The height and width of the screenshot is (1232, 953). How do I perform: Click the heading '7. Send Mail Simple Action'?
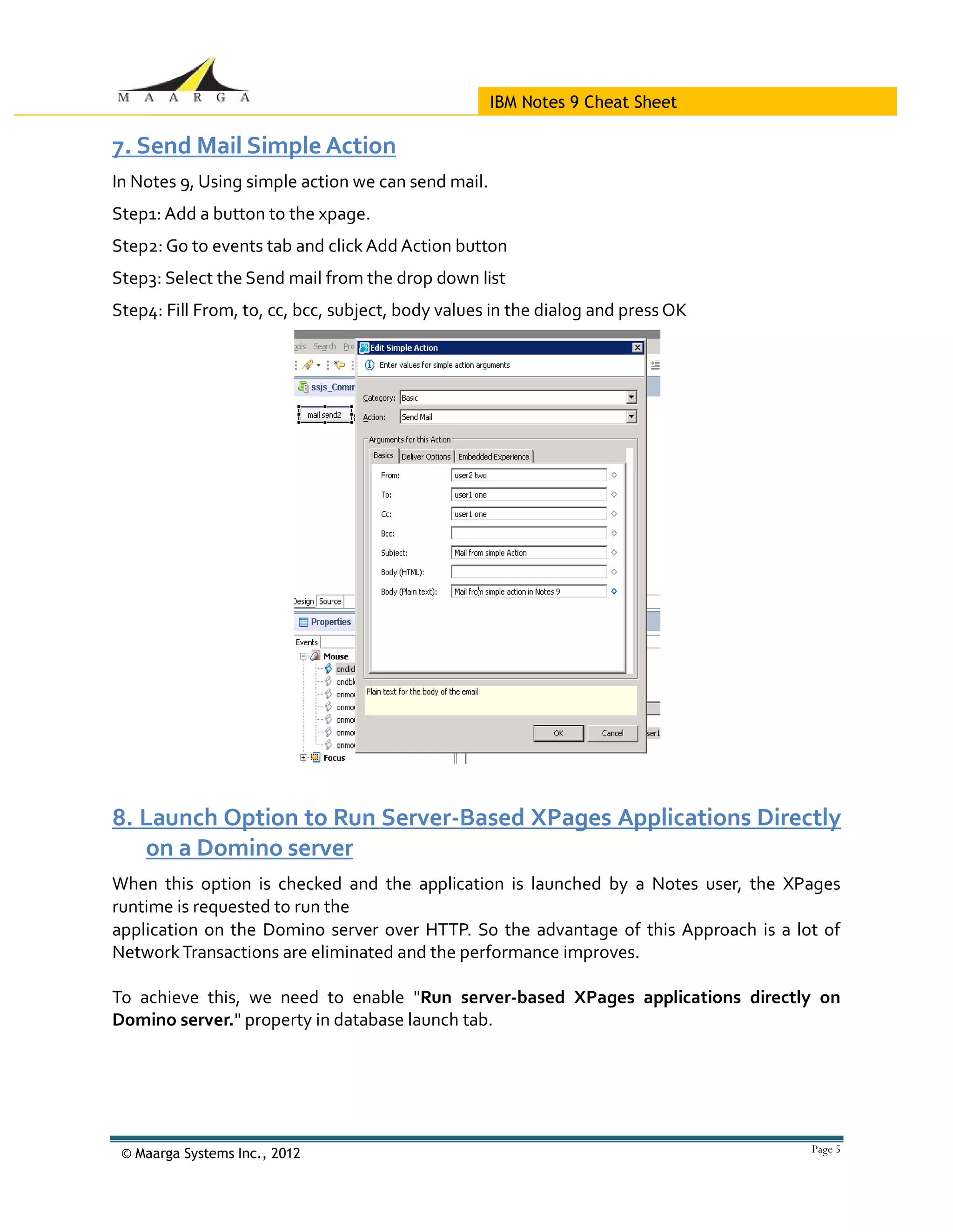pyautogui.click(x=254, y=146)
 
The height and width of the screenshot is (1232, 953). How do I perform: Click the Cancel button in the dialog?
pyautogui.click(x=612, y=733)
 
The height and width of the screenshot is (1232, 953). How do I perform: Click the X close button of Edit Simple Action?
pyautogui.click(x=638, y=347)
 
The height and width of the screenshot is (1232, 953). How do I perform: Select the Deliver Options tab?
pyautogui.click(x=426, y=457)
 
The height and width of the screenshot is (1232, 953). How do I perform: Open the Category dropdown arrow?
pyautogui.click(x=631, y=397)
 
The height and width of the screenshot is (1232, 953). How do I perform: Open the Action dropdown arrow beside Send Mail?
pyautogui.click(x=631, y=417)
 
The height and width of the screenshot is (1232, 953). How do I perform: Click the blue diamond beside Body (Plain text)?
pyautogui.click(x=614, y=591)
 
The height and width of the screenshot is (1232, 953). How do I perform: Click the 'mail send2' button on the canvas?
pyautogui.click(x=325, y=415)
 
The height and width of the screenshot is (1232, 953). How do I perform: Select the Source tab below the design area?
pyautogui.click(x=330, y=601)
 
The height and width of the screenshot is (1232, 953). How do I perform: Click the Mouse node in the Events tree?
pyautogui.click(x=336, y=656)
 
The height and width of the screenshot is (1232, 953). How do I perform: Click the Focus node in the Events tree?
pyautogui.click(x=334, y=758)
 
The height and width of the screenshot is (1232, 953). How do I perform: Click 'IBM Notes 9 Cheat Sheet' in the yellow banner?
pyautogui.click(x=583, y=102)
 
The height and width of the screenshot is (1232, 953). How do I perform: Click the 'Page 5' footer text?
pyautogui.click(x=825, y=1149)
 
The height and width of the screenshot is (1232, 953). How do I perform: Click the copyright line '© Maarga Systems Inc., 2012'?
pyautogui.click(x=211, y=1153)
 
